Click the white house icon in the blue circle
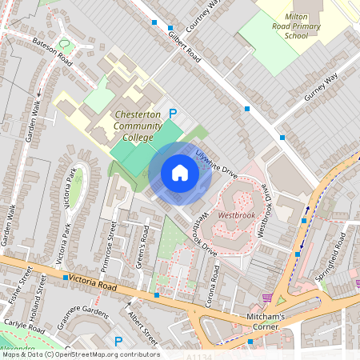pos(180,172)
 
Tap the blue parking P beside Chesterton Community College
pos(170,114)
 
